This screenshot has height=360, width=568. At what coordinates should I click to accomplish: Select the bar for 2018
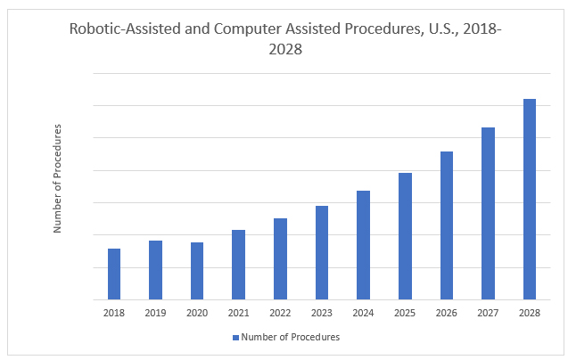tap(114, 274)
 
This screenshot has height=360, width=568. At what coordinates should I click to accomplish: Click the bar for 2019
tap(155, 270)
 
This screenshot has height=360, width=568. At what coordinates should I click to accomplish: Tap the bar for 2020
tap(197, 271)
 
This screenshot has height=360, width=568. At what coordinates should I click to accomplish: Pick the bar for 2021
tap(238, 265)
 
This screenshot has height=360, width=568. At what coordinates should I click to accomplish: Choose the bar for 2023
tap(321, 252)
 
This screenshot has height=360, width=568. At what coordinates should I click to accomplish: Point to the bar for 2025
tap(405, 236)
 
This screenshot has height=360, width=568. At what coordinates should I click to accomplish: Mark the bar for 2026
tap(446, 225)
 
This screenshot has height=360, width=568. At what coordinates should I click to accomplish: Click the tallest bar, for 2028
tap(529, 199)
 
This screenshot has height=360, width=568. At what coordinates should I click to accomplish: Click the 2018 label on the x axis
tap(114, 312)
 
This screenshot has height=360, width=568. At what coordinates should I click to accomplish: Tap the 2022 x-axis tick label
tap(280, 312)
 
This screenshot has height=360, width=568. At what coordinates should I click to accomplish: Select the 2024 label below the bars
tap(363, 312)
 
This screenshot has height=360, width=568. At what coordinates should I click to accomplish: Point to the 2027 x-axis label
tap(488, 312)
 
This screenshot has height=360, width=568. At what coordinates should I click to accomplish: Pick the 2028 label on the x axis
tap(529, 312)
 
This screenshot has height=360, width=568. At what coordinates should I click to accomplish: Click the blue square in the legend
tap(236, 338)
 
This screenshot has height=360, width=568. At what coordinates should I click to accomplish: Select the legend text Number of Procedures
tap(291, 338)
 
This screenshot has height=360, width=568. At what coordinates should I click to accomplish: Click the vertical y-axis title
tap(58, 179)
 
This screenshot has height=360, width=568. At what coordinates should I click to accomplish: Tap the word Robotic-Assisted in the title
tap(122, 29)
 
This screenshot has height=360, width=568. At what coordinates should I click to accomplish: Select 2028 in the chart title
tap(284, 50)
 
